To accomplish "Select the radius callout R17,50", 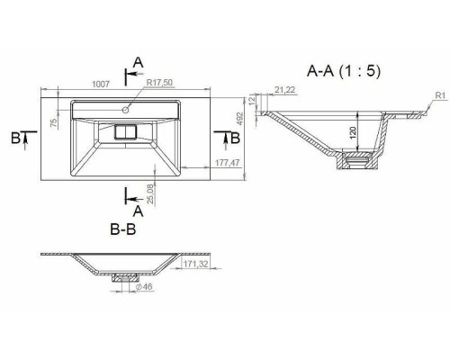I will click(159, 82).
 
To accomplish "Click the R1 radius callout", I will click(439, 95).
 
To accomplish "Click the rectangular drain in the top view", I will click(125, 131).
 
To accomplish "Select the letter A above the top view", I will click(138, 61).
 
